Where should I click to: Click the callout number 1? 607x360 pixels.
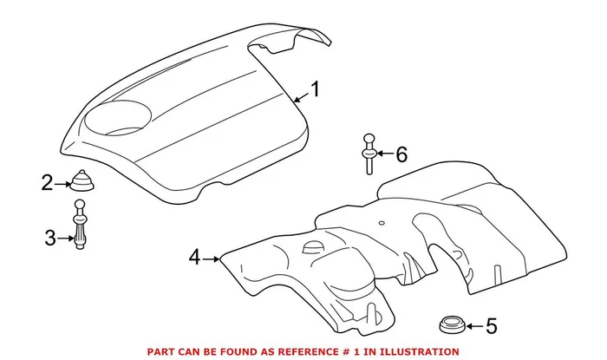(316, 89)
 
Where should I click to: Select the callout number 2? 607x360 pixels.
(47, 182)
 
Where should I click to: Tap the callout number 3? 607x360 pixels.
(49, 236)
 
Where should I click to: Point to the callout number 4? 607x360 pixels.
(194, 257)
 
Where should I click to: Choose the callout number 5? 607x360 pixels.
(492, 327)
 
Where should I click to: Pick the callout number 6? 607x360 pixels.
(401, 154)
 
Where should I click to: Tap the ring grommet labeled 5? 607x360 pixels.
(451, 326)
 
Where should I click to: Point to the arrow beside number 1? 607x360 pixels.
(299, 98)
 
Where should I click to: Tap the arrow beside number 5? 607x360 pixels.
(473, 327)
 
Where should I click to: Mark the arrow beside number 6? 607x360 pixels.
(384, 154)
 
